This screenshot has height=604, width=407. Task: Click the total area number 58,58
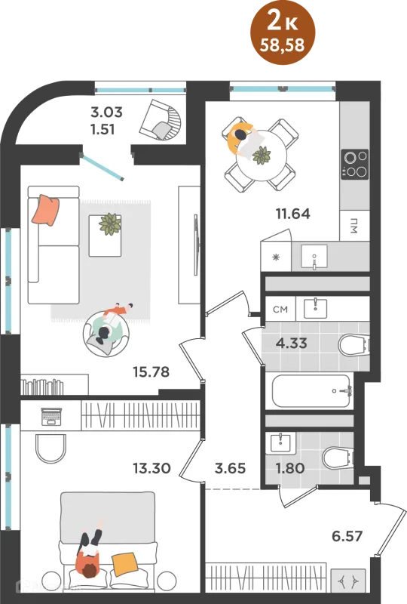point(283,45)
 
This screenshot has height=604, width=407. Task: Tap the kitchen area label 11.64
point(292,214)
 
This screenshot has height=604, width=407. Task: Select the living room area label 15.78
point(151,371)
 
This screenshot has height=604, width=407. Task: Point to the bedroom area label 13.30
point(151,468)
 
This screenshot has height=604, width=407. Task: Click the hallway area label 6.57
point(347,536)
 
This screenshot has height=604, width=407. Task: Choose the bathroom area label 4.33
point(291,343)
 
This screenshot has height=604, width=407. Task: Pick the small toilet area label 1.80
point(290,468)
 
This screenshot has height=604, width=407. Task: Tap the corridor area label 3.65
point(230,468)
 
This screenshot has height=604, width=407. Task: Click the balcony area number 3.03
point(106,112)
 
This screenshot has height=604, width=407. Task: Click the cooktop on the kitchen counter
point(355,165)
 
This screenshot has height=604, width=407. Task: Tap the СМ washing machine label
point(280,310)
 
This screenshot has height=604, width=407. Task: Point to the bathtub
point(311,391)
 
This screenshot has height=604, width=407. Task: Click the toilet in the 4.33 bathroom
point(353,345)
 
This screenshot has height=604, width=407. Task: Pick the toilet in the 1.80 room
point(338,458)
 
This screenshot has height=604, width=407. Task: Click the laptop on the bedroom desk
point(51,417)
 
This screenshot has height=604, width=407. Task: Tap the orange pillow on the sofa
point(46,210)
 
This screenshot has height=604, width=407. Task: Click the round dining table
point(262,156)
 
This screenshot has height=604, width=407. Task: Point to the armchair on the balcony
point(159,119)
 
